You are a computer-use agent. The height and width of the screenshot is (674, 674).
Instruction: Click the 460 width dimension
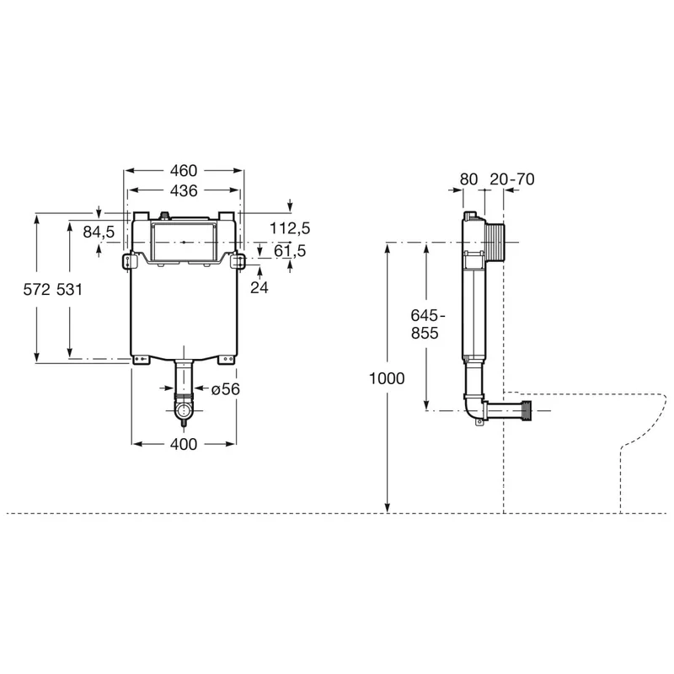tap(184, 171)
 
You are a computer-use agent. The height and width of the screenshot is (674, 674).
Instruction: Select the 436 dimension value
tap(184, 190)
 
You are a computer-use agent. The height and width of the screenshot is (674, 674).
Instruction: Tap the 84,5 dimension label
tap(99, 233)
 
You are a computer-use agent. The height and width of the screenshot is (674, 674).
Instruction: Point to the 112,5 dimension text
tap(290, 228)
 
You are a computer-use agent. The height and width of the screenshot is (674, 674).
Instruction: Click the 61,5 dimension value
tap(290, 250)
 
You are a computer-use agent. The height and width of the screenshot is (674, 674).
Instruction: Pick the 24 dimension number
tap(259, 287)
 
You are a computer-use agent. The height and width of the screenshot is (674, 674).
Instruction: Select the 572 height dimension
tap(37, 290)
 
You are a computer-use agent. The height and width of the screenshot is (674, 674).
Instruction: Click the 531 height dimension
tap(69, 290)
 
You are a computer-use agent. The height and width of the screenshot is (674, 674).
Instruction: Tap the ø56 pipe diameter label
tap(225, 389)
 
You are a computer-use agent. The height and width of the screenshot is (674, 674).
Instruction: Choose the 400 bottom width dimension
tap(184, 444)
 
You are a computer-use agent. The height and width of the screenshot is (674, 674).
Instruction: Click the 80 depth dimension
tap(468, 179)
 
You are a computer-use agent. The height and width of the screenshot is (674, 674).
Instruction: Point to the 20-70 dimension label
tap(512, 179)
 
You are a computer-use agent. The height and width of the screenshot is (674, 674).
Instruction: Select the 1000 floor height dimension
tap(387, 378)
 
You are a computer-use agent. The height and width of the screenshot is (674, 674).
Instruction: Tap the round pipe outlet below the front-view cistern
tap(184, 411)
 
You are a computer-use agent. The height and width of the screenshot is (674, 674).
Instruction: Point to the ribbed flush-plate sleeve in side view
tap(495, 243)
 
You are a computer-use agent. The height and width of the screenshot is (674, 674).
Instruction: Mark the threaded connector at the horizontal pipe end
tap(526, 410)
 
